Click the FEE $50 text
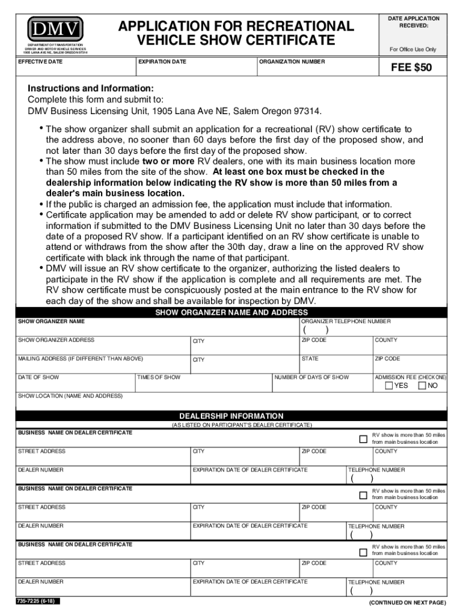(411, 68)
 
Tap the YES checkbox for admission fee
(389, 386)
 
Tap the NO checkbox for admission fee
(422, 386)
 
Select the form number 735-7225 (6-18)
(38, 601)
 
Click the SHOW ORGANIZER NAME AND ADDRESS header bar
(231, 312)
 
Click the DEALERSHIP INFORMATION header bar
(231, 416)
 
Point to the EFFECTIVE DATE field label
(40, 62)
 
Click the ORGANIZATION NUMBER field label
(292, 62)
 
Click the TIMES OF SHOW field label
(159, 377)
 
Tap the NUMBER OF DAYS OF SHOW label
(311, 377)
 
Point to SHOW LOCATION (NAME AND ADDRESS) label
(70, 396)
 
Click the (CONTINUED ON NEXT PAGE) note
(407, 602)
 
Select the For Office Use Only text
(412, 49)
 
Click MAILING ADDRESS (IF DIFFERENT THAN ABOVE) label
(80, 359)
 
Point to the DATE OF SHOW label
(38, 377)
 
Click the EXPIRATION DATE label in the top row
(162, 62)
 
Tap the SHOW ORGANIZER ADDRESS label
(56, 340)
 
